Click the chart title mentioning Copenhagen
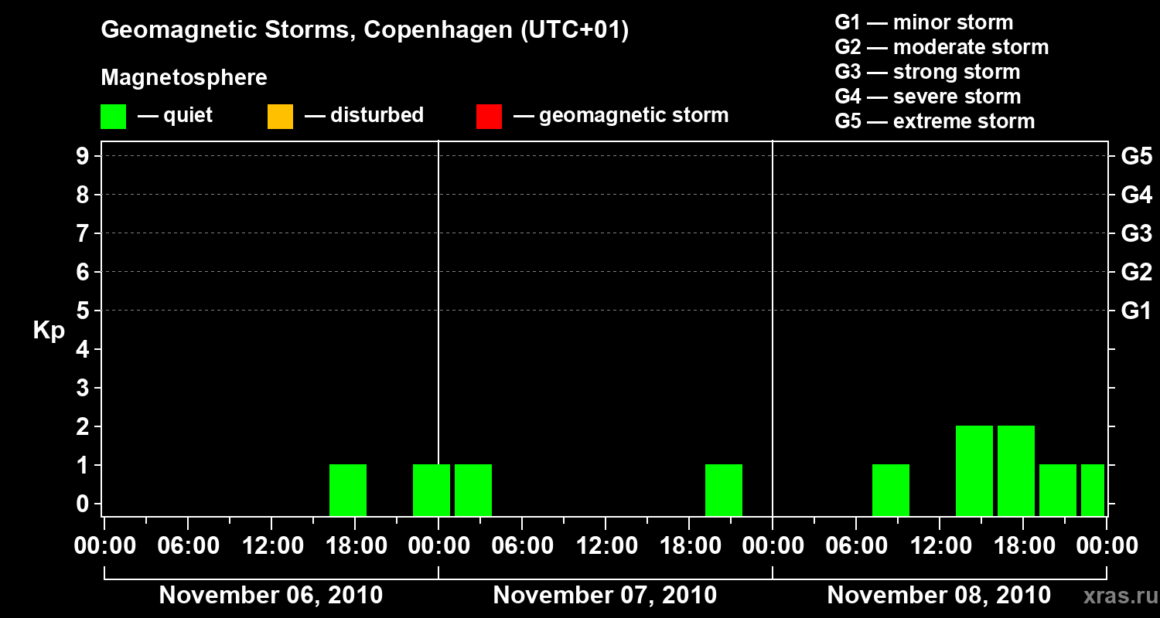364,30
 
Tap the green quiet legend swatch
113,116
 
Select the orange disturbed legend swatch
280,116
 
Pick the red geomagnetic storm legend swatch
489,116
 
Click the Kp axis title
49,331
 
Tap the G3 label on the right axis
1136,233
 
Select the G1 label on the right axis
1136,311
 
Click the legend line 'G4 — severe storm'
927,97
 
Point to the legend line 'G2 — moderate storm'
941,47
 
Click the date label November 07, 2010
605,596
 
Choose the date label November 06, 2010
271,596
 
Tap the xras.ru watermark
1120,596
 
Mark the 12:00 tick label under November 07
605,546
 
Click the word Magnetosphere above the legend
184,78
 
